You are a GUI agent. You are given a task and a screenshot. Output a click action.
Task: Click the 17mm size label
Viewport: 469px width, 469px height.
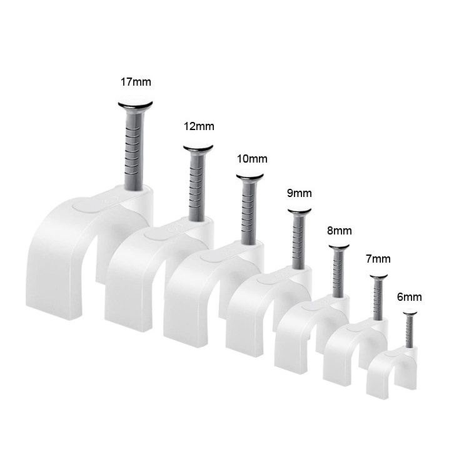[x=136, y=81]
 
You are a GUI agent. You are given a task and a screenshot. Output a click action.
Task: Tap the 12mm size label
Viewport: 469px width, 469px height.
[x=199, y=126]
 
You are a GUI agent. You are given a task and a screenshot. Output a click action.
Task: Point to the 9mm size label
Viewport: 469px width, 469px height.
[x=300, y=193]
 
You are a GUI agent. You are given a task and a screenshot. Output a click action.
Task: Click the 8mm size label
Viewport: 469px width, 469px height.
[x=339, y=231]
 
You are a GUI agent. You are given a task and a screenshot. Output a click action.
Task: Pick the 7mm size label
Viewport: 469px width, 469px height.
[x=378, y=258]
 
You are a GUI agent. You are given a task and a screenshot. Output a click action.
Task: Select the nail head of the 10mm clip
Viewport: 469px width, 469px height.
[x=250, y=177]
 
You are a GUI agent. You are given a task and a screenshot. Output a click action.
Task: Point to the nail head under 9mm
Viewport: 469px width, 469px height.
[x=300, y=211]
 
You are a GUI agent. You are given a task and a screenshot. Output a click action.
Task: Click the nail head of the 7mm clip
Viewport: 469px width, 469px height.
[x=378, y=276]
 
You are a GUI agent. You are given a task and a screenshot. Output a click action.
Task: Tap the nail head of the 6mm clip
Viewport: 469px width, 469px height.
[x=410, y=313]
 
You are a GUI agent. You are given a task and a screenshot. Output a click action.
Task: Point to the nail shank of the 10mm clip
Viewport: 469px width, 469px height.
[x=250, y=209]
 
